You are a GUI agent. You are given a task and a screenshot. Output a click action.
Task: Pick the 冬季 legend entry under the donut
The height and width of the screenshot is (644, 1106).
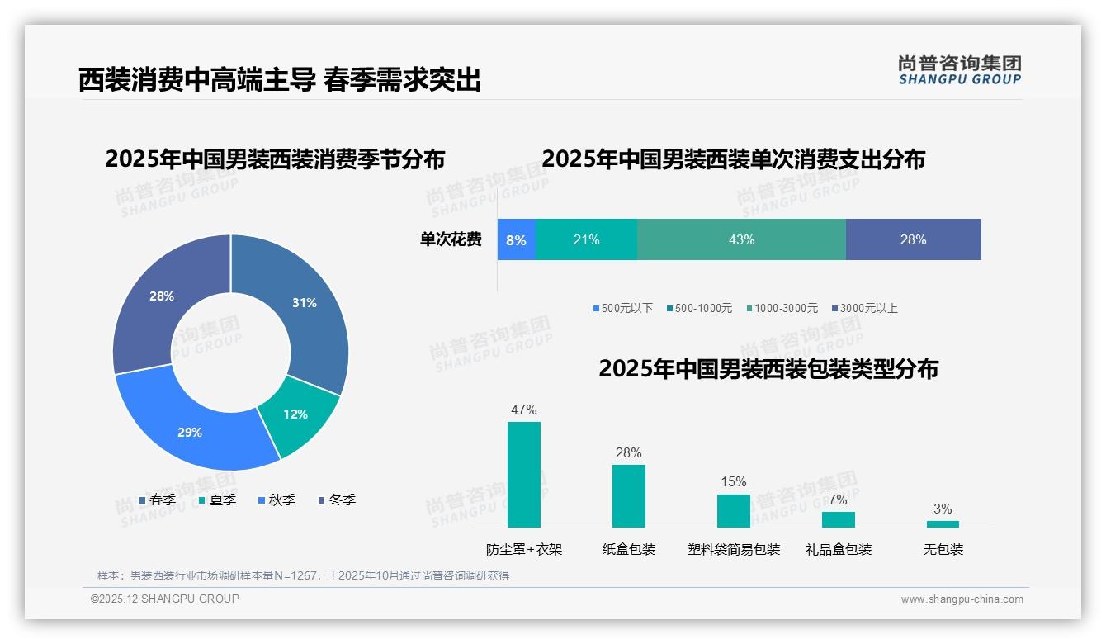point(337,500)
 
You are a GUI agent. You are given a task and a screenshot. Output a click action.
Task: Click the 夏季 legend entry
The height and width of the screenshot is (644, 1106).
point(217,500)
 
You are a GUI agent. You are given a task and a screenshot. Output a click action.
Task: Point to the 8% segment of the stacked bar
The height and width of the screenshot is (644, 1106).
point(517,239)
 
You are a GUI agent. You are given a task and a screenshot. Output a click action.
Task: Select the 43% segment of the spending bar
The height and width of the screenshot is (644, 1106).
point(741,239)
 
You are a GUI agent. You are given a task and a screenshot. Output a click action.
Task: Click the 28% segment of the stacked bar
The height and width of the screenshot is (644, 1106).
point(913,239)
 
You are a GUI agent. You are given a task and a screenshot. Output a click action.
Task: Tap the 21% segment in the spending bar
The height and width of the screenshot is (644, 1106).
point(586,239)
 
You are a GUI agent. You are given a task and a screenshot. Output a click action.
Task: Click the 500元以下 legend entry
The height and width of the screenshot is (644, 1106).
point(622,308)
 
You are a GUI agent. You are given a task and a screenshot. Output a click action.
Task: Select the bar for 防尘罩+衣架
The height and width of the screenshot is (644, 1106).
point(524,475)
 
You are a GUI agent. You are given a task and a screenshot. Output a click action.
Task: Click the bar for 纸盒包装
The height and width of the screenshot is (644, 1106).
point(629,495)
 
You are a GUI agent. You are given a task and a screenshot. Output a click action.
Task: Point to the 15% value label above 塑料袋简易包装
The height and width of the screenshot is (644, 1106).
point(733,481)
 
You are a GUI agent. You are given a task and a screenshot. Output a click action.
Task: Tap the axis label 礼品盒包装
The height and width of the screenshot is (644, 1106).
point(839,549)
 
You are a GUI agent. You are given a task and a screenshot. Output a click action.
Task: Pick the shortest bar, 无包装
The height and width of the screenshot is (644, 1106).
point(943,523)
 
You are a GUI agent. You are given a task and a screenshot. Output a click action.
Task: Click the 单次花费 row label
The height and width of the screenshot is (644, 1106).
point(451,239)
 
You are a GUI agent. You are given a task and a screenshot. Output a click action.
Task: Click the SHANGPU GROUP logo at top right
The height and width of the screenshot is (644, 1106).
point(959,70)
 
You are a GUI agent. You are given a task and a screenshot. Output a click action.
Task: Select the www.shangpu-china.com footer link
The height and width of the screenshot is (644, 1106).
point(962,599)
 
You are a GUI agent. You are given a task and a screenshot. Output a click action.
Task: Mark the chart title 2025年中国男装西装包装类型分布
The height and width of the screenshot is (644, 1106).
point(768,368)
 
